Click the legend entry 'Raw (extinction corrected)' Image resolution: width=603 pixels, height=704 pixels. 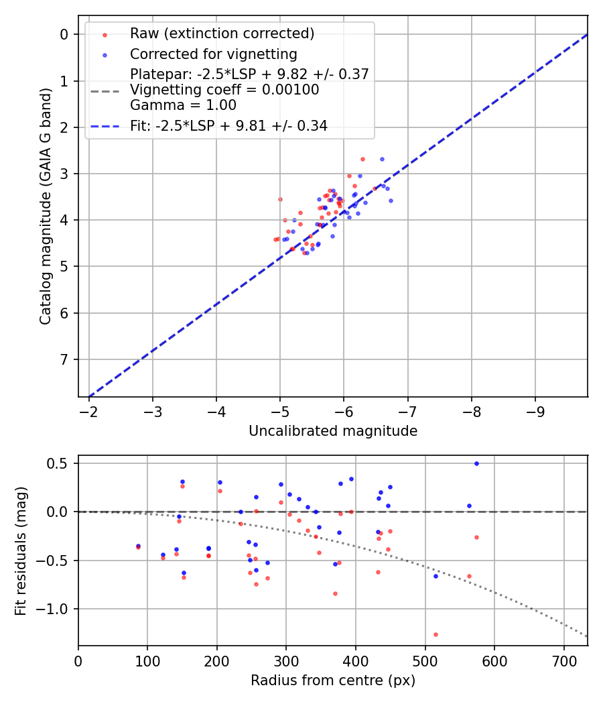[222, 33]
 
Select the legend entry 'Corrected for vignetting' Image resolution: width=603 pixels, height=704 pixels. [213, 54]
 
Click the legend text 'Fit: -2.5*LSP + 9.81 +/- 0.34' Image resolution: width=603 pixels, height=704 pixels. [228, 125]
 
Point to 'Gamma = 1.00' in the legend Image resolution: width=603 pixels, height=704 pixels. [183, 105]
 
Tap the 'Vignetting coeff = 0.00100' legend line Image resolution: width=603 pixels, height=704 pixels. [224, 89]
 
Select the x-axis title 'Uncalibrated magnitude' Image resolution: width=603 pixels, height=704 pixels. [333, 431]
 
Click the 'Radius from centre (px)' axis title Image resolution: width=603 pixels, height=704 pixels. [333, 681]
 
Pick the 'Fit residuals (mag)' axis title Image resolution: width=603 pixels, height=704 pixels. [21, 551]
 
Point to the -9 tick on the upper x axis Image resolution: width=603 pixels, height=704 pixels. [535, 408]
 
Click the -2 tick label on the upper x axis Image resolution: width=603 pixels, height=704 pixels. [89, 408]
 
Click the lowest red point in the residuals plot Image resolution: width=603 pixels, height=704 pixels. [435, 634]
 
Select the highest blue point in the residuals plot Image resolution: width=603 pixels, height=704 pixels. [476, 463]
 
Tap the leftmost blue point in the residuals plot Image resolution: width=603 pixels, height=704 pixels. [138, 546]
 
